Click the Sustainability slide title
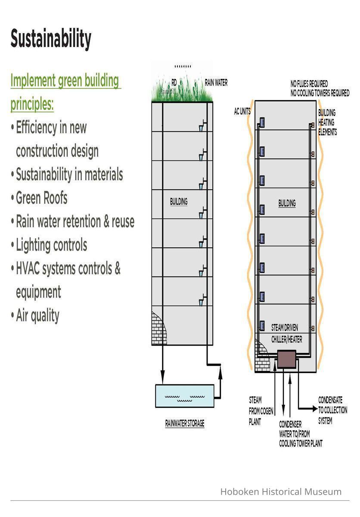click(x=51, y=39)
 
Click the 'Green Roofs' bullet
click(x=41, y=198)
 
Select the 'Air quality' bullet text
click(x=37, y=315)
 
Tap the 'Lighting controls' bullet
click(x=51, y=245)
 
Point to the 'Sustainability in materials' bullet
click(x=69, y=174)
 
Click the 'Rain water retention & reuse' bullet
click(x=75, y=221)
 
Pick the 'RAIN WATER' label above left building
click(x=216, y=82)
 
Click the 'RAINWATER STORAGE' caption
click(x=185, y=424)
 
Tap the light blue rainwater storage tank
click(x=185, y=396)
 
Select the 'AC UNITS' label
click(x=242, y=112)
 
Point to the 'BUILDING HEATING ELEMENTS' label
click(x=327, y=122)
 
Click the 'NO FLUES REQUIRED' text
click(x=309, y=84)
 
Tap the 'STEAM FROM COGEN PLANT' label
click(x=261, y=411)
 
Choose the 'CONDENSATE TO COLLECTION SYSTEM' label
click(x=332, y=410)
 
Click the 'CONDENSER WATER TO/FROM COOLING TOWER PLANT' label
click(x=301, y=434)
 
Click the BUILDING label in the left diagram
click(x=179, y=201)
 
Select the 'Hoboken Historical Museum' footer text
click(x=281, y=492)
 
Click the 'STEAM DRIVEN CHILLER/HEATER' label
click(x=286, y=333)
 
